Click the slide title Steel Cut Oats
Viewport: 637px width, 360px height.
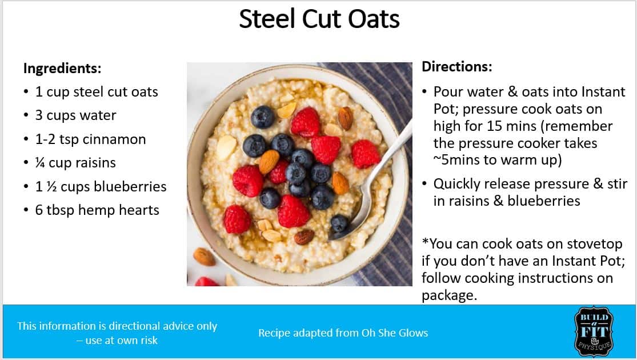[319, 19]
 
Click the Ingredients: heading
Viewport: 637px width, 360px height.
[62, 68]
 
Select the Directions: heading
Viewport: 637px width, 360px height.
[456, 67]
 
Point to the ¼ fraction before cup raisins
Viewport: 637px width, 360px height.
[40, 162]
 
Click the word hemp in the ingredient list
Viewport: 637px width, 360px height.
[95, 210]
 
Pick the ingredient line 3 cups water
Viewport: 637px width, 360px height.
[75, 115]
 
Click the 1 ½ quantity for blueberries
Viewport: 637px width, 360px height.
[46, 186]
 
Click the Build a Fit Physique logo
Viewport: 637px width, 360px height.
[594, 331]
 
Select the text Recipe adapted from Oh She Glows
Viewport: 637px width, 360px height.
[343, 333]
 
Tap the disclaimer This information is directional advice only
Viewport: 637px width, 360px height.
[117, 326]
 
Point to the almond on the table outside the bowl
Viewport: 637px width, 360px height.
[204, 257]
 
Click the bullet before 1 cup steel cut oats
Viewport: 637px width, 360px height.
[26, 92]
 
